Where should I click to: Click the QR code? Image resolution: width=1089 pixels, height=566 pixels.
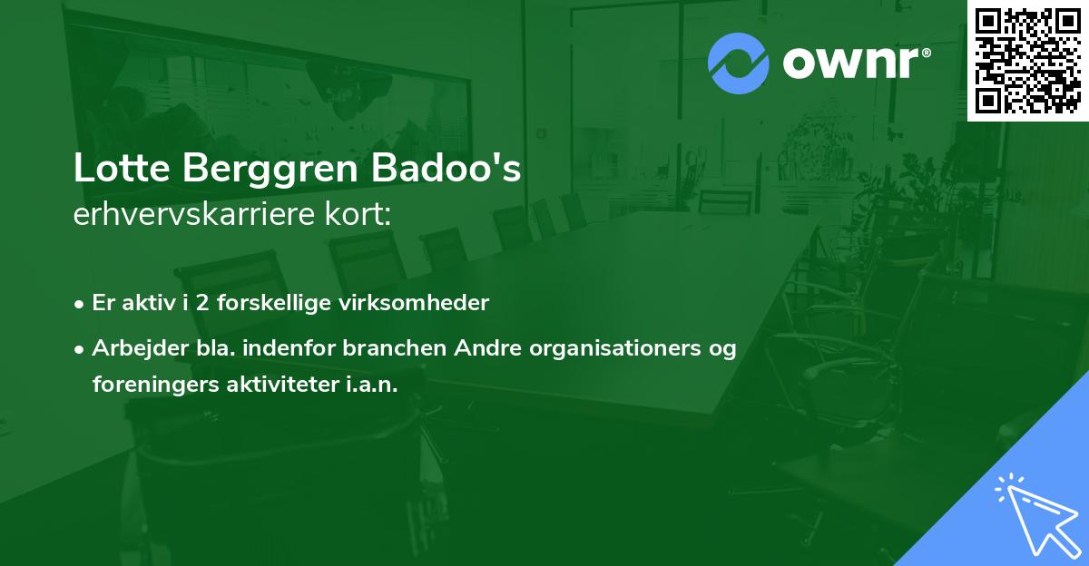click(1027, 61)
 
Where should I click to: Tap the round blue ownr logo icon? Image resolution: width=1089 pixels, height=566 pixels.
click(739, 63)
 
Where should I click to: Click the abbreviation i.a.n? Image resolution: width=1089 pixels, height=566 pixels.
click(372, 385)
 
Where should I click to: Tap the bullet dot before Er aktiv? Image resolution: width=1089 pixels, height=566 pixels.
click(80, 304)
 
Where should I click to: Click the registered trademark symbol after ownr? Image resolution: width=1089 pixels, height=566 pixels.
click(926, 53)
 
